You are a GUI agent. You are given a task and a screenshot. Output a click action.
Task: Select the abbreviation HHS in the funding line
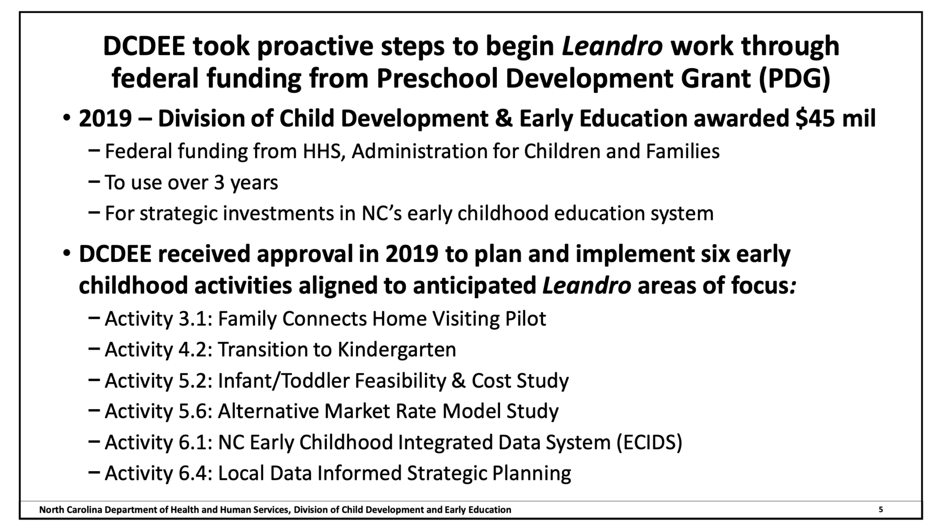(x=324, y=151)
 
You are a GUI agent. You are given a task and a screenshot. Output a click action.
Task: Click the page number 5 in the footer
(x=881, y=509)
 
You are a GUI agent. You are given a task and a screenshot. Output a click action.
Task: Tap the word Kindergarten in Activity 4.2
(x=397, y=350)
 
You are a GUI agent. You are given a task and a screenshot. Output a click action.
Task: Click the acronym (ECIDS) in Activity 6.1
(x=649, y=442)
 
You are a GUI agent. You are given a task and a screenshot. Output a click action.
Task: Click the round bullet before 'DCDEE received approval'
(x=67, y=253)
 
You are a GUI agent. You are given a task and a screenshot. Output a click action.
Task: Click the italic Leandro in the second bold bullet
(x=586, y=285)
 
